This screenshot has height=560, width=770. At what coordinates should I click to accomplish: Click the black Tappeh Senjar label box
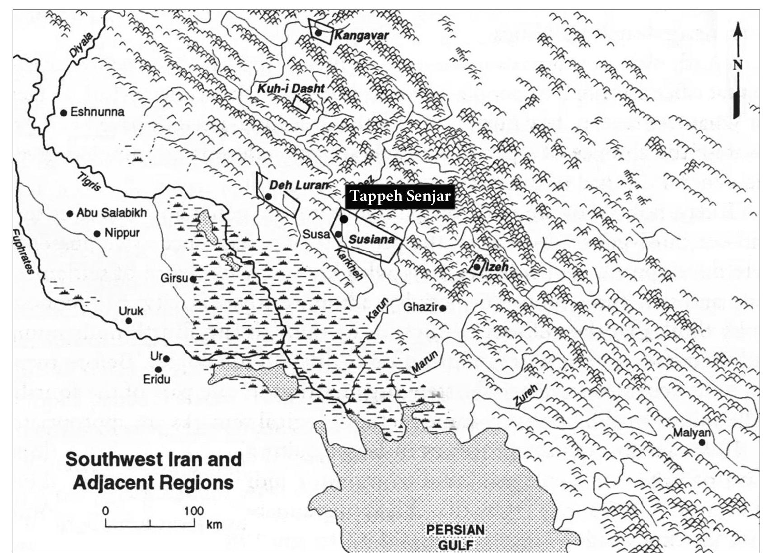pyautogui.click(x=400, y=197)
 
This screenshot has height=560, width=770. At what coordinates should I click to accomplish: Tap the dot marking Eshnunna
pyautogui.click(x=64, y=113)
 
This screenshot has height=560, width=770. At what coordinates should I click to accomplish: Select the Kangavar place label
pyautogui.click(x=362, y=35)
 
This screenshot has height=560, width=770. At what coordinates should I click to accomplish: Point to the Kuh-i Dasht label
pyautogui.click(x=291, y=88)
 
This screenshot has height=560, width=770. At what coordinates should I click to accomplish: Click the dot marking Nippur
pyautogui.click(x=97, y=234)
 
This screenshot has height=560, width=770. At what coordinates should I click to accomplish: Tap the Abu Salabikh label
pyautogui.click(x=112, y=212)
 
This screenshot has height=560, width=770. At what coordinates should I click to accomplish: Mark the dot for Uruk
pyautogui.click(x=128, y=320)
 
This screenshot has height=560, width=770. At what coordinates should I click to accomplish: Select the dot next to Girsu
pyautogui.click(x=193, y=279)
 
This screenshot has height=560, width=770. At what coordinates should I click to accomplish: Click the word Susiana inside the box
pyautogui.click(x=372, y=240)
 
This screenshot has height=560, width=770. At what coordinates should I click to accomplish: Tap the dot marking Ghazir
pyautogui.click(x=443, y=308)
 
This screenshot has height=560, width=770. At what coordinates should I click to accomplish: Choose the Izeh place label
pyautogui.click(x=497, y=267)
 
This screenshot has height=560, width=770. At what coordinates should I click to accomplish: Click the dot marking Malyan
pyautogui.click(x=702, y=442)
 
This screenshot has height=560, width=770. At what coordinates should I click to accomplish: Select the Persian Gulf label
pyautogui.click(x=455, y=537)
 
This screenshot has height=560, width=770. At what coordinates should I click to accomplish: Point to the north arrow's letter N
pyautogui.click(x=737, y=65)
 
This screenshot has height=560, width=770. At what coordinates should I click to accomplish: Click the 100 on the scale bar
pyautogui.click(x=194, y=511)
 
